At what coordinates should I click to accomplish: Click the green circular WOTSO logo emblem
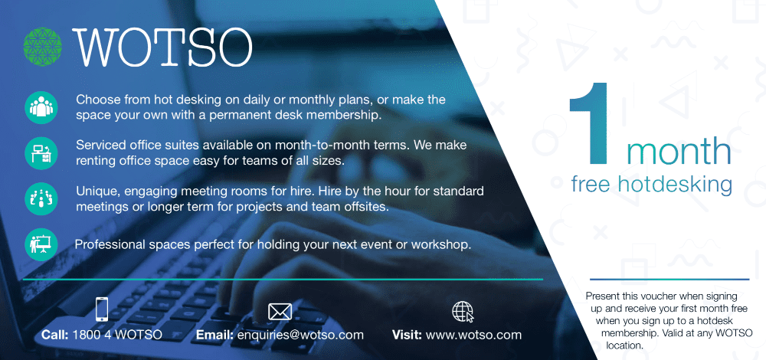click(42, 47)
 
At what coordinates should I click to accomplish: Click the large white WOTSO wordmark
click(162, 47)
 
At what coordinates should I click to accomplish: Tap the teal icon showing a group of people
click(41, 107)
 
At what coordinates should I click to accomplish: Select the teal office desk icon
click(41, 153)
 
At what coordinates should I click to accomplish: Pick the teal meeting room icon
click(41, 198)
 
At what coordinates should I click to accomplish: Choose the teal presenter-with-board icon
click(41, 244)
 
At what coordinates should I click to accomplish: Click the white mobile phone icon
click(102, 309)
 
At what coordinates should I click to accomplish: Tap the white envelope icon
click(280, 312)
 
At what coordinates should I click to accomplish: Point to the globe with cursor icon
click(463, 312)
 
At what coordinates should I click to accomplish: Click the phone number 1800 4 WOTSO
click(117, 335)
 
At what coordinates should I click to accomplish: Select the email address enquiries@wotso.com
click(300, 335)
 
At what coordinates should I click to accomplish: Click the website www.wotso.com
click(473, 335)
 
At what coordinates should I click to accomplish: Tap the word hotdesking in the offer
click(674, 185)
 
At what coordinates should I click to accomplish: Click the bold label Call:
click(56, 335)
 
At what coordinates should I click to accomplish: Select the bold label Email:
click(215, 335)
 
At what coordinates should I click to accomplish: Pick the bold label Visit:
click(408, 335)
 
